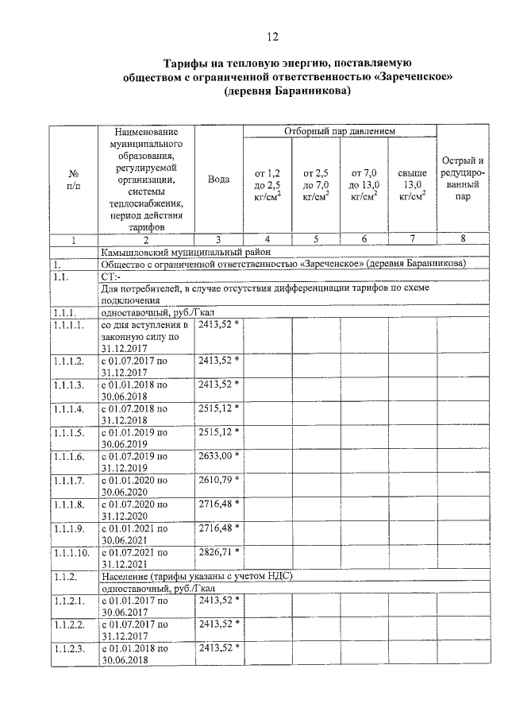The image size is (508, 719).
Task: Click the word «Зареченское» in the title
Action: point(412,77)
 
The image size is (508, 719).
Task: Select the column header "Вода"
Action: point(218,180)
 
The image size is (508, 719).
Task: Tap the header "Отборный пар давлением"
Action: point(340,130)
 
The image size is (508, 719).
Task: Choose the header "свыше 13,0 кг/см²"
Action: point(412,184)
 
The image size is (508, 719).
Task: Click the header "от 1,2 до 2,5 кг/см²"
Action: point(267,184)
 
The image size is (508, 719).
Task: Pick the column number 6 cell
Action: point(364,238)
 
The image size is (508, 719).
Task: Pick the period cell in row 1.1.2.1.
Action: point(145,605)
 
